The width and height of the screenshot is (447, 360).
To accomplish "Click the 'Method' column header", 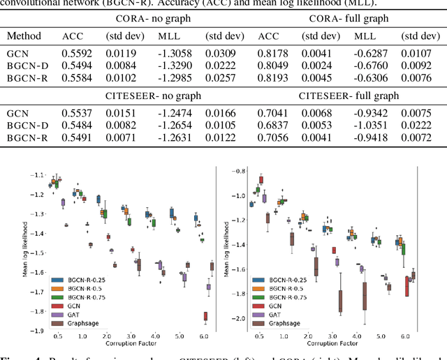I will click(x=24, y=36).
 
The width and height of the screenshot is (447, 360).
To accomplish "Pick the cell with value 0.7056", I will click(x=272, y=138).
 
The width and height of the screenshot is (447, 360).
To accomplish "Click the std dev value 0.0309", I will click(x=219, y=54).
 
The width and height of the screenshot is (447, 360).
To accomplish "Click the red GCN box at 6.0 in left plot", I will click(x=205, y=316).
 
